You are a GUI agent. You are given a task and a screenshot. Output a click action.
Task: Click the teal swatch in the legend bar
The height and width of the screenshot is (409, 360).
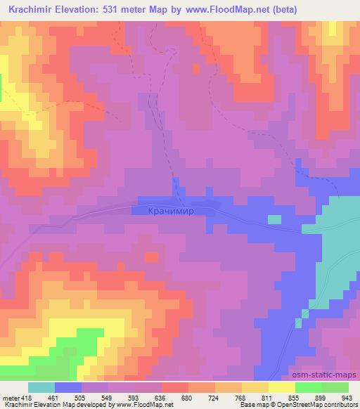click(x=41, y=387)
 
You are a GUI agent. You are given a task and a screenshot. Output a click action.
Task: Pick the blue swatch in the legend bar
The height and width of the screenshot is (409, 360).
click(x=68, y=387)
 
